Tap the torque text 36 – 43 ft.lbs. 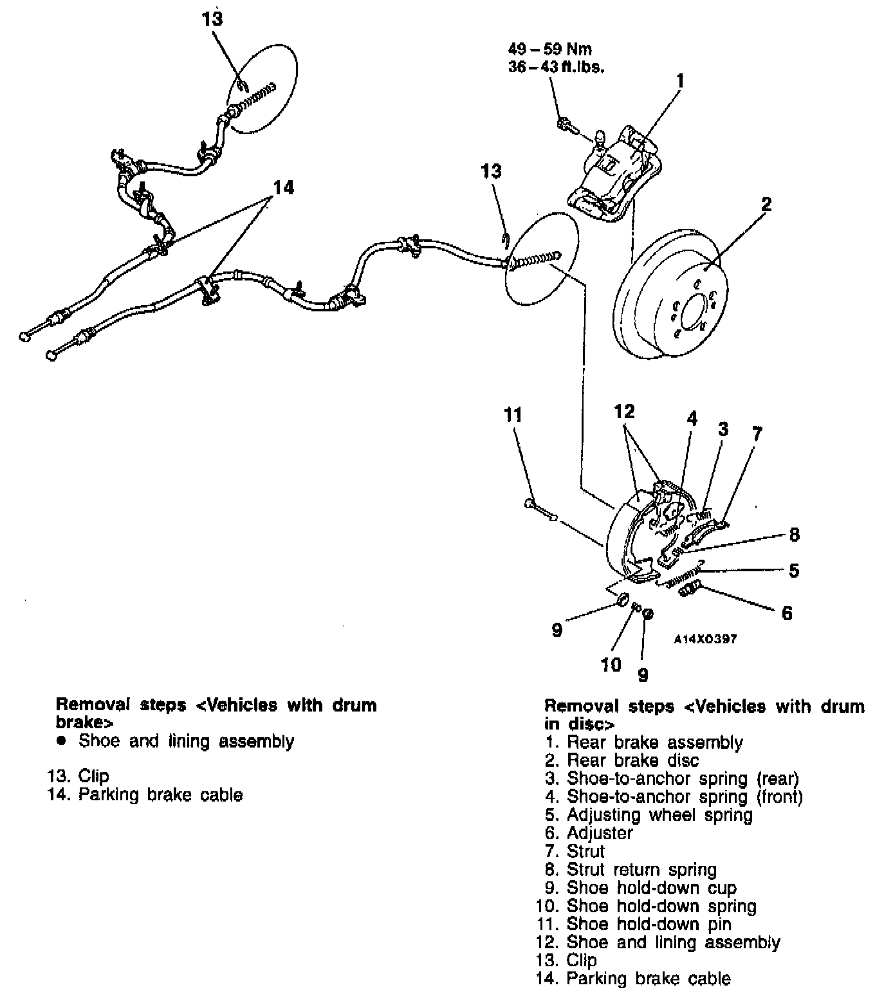tap(556, 66)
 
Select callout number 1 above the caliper tap(679, 81)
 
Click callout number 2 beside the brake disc tap(765, 205)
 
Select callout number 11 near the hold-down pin tap(513, 415)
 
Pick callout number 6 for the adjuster tap(786, 612)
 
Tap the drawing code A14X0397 tap(705, 639)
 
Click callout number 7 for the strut tap(757, 434)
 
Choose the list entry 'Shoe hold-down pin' tap(649, 924)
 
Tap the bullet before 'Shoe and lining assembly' tap(62, 741)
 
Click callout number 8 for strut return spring tap(794, 534)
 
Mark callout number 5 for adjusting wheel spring tap(794, 570)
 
